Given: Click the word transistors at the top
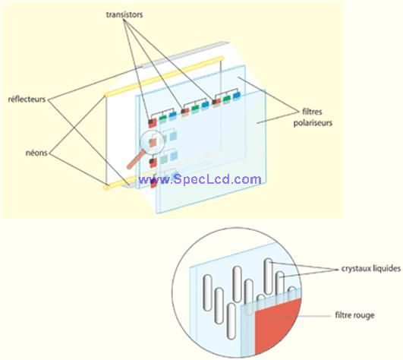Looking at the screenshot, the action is pos(124,14).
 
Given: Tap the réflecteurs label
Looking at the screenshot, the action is pos(27,99).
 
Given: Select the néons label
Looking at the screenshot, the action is pos(36,153).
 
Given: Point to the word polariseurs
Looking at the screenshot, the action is pos(313,123).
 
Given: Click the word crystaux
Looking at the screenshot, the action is pos(355,268).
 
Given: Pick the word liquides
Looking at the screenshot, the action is pos(386,268).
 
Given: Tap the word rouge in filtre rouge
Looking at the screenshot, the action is pos(364,315).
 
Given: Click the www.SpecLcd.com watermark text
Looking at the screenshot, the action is pos(200,179).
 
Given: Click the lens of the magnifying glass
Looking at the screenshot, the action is pos(152,141).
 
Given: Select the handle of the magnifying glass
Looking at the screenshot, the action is pos(134,160).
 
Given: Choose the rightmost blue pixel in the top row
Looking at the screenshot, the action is pos(237,96).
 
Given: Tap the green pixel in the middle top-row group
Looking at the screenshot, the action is pos(195,109).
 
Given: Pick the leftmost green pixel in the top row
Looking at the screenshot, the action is pos(162,118).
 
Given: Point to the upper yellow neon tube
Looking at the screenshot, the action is pos(164,77).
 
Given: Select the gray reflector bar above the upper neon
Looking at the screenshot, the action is pos(183,55).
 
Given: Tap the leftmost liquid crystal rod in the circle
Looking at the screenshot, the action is pos(207,292).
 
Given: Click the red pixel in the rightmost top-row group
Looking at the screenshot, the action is pos(218,101).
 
